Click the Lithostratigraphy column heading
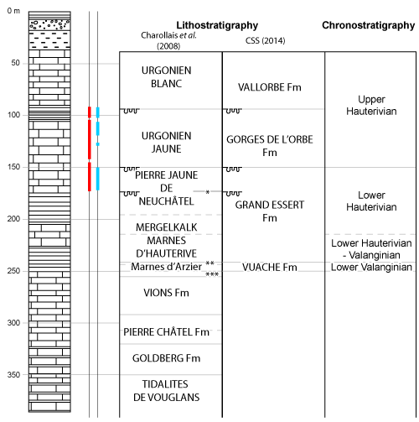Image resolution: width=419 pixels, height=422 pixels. tap(217, 26)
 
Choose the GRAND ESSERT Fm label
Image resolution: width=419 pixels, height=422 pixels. tap(268, 211)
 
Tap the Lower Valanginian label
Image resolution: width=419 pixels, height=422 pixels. tap(371, 267)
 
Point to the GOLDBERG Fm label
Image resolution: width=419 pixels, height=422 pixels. tap(167, 358)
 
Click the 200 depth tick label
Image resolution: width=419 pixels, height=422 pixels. tap(13, 219)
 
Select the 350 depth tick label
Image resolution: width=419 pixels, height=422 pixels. tap(13, 375)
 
